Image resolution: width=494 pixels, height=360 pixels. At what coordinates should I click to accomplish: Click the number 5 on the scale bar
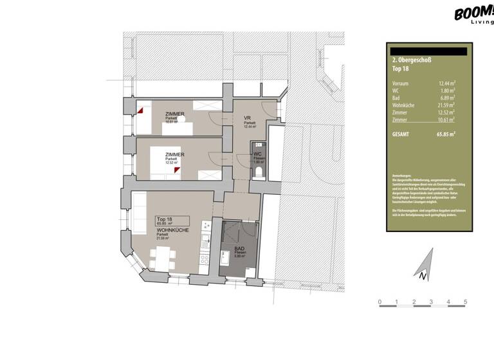(465, 301)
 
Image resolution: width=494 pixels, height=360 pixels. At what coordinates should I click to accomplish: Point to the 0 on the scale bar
(380, 301)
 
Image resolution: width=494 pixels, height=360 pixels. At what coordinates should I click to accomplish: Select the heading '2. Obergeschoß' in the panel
(411, 60)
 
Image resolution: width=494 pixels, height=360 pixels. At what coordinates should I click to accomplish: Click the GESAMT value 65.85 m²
(445, 134)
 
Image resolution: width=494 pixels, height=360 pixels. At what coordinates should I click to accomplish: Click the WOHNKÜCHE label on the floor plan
(172, 230)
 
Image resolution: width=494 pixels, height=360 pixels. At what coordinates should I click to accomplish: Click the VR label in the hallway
(246, 118)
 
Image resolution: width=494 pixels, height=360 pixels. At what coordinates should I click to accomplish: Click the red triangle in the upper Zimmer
(140, 110)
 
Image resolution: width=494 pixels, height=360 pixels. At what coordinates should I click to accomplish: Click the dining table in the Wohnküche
(161, 258)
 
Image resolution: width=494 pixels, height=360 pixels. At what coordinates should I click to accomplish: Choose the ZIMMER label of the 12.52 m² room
(175, 154)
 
